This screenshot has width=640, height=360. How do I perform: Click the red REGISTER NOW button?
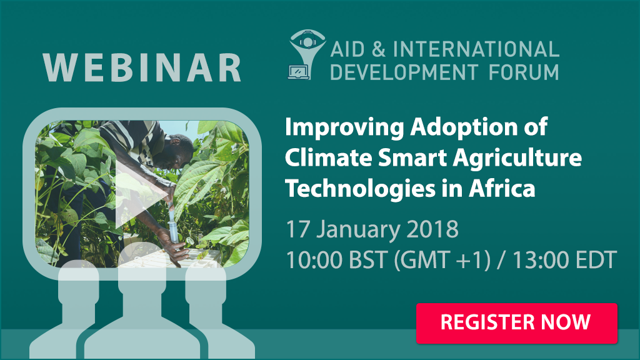[x=516, y=323]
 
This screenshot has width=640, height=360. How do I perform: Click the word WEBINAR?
[x=142, y=67]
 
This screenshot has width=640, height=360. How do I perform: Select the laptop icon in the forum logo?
[x=299, y=72]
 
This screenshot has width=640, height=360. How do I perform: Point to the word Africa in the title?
[x=502, y=188]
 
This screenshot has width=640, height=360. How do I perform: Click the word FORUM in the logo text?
[x=524, y=72]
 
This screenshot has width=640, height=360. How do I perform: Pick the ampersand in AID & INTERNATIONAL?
[x=378, y=49]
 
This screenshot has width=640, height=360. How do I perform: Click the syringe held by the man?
[x=172, y=227]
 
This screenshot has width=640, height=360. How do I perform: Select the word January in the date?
[x=359, y=230]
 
